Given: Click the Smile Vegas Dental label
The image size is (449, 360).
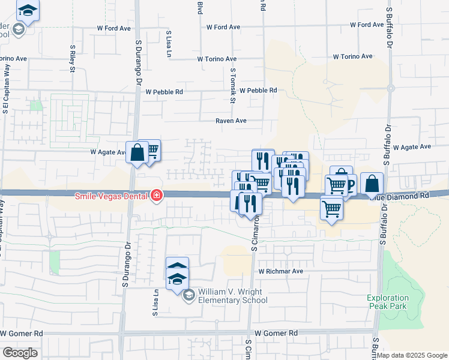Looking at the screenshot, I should [112, 196].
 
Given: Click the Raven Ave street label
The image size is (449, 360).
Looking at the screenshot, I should [231, 121].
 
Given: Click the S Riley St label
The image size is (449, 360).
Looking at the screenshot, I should [72, 58].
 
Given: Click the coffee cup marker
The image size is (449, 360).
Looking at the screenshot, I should [348, 184].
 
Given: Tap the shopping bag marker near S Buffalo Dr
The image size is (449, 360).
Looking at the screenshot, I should [372, 183].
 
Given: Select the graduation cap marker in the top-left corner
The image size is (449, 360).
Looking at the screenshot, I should [27, 10].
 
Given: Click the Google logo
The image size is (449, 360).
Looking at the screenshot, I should [20, 353].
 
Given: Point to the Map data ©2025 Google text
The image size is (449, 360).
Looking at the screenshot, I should [412, 355].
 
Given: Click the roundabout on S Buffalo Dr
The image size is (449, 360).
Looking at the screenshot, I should [390, 88].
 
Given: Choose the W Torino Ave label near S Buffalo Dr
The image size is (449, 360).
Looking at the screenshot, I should [352, 56].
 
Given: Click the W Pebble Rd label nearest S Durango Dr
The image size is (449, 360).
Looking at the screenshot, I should [164, 92].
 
